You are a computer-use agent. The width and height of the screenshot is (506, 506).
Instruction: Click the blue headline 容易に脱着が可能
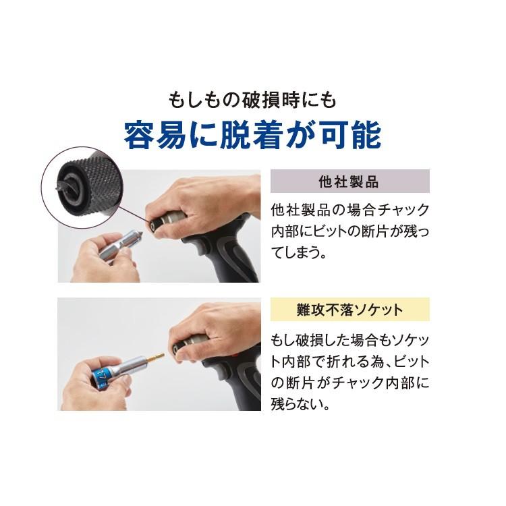[x=252, y=134]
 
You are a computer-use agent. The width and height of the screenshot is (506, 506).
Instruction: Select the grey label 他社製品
[x=349, y=181]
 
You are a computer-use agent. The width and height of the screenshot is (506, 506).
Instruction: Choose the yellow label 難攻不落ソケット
[x=349, y=310]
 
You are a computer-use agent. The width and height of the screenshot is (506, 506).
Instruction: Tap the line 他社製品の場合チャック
[x=349, y=208]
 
